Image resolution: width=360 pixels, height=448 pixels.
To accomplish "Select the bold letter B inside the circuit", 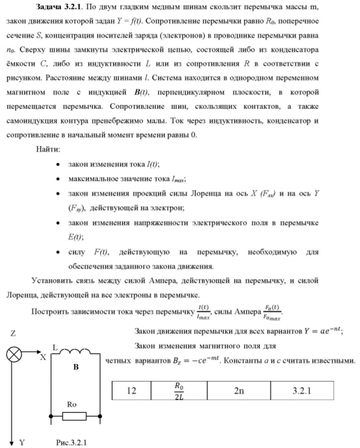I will pyautogui.click(x=76, y=367).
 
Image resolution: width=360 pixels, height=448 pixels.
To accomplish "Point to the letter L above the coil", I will pyautogui.click(x=55, y=345).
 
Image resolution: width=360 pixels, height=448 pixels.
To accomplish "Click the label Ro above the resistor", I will pyautogui.click(x=74, y=404).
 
